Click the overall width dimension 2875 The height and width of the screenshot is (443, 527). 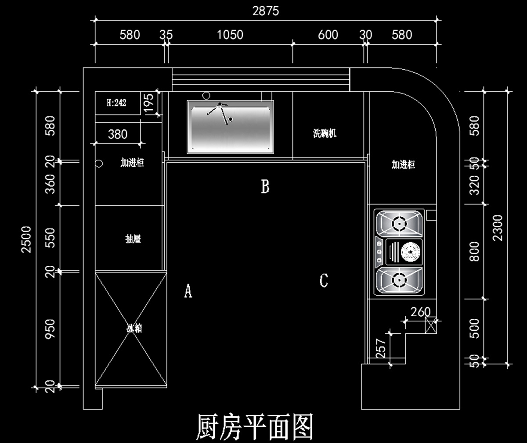tap(265, 11)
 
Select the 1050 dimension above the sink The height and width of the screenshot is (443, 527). tap(230, 35)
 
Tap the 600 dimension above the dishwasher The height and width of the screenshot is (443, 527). tap(328, 35)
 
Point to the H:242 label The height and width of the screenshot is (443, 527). tap(116, 103)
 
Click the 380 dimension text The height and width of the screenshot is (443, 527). tap(118, 134)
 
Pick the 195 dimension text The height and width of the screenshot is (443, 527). tap(149, 103)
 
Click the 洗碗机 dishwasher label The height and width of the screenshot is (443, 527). tap(325, 133)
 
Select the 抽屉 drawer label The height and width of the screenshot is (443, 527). tap(133, 239)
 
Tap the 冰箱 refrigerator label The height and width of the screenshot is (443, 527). tap(134, 328)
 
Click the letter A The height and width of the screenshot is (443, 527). tap(188, 291)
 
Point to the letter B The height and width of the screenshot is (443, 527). tap(265, 187)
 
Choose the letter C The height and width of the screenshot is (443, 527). tap(324, 280)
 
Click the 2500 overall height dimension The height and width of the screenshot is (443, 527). tap(26, 239)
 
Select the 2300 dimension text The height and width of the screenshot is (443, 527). tap(498, 228)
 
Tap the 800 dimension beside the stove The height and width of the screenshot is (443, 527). tap(475, 251)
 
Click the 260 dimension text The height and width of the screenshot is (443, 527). tap(420, 312)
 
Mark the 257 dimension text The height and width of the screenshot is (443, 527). tap(381, 347)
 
